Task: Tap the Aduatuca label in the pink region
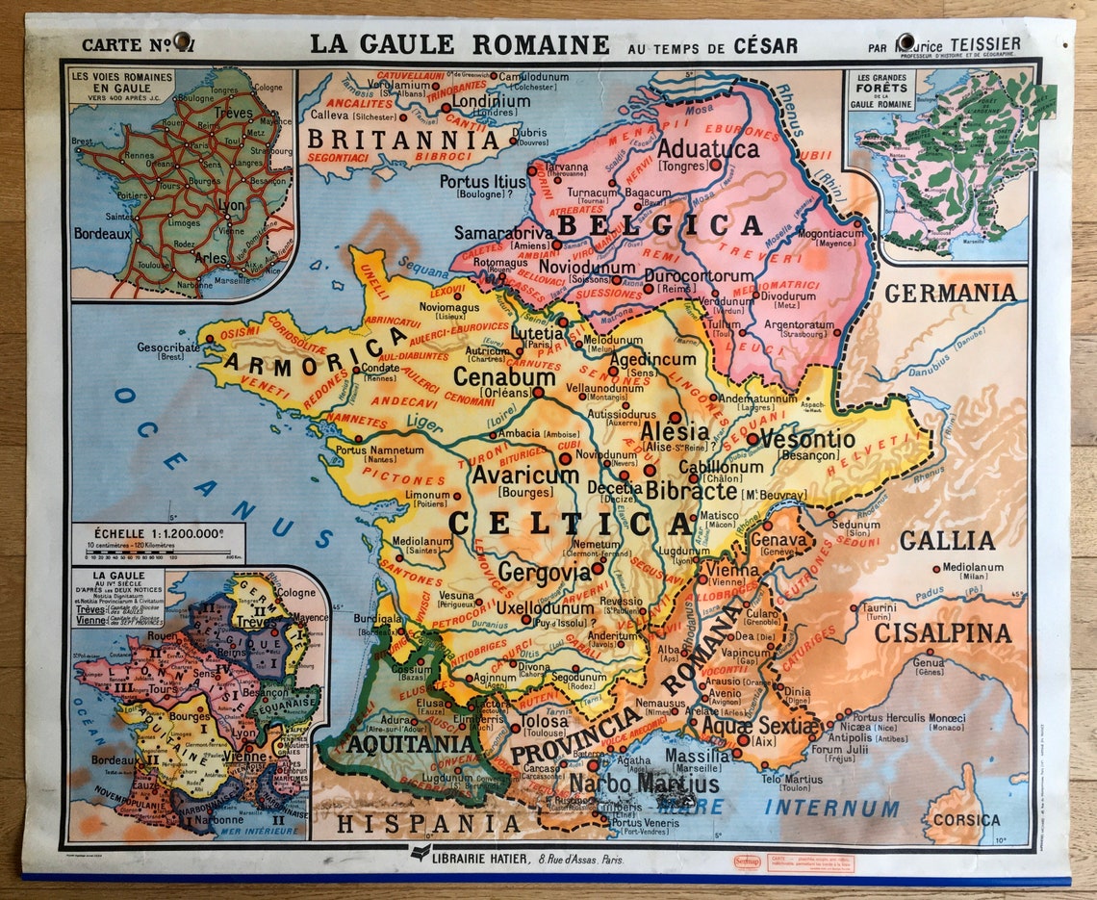[x=707, y=148]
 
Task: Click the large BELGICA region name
[x=659, y=225]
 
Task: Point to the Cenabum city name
[x=504, y=377]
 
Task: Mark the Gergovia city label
[x=544, y=572]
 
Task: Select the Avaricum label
[x=525, y=476]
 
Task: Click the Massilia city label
[x=698, y=757]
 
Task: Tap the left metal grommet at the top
[x=182, y=40]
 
